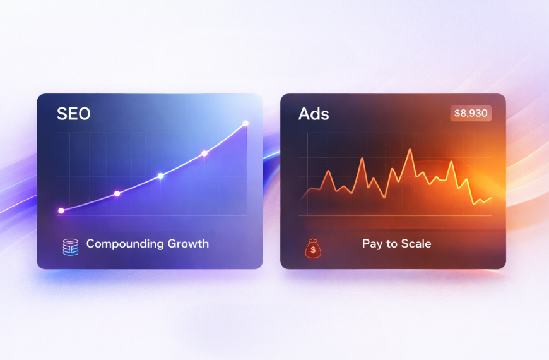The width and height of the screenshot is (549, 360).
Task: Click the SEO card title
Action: [73, 114]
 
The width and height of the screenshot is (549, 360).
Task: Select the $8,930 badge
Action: [471, 114]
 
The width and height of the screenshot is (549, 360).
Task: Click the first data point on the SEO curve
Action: [61, 210]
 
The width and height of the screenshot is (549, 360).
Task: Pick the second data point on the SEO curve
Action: [117, 193]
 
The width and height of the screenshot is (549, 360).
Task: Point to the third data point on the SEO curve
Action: [160, 176]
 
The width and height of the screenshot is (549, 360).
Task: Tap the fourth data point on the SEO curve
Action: [204, 153]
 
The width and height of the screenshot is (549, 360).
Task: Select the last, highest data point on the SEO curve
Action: [245, 123]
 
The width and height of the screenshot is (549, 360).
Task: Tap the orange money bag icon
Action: [313, 248]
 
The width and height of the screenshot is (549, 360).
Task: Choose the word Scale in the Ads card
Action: [416, 244]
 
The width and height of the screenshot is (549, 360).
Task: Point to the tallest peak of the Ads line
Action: [410, 150]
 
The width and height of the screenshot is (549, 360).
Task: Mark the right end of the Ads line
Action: [491, 198]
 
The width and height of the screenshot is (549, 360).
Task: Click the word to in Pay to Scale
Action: [391, 244]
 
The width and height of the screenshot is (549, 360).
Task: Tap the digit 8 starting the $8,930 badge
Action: [461, 114]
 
